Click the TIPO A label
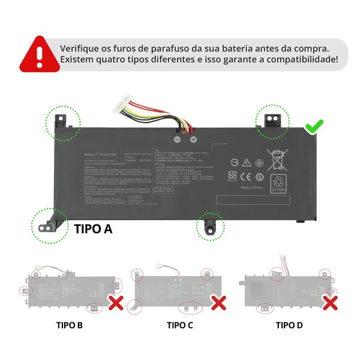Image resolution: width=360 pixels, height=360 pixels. [93, 229]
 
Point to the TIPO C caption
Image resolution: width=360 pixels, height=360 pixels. [180, 325]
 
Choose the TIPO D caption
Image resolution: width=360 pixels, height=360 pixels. [289, 325]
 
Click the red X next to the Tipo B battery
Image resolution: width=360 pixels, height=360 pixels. [116, 302]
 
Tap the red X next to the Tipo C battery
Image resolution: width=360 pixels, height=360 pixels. [219, 302]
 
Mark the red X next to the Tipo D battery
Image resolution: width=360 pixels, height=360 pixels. [329, 302]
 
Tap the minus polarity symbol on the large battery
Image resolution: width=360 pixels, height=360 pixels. [177, 139]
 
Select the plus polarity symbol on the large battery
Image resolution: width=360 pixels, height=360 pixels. [193, 139]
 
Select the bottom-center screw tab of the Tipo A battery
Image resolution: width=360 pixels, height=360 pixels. [210, 227]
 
